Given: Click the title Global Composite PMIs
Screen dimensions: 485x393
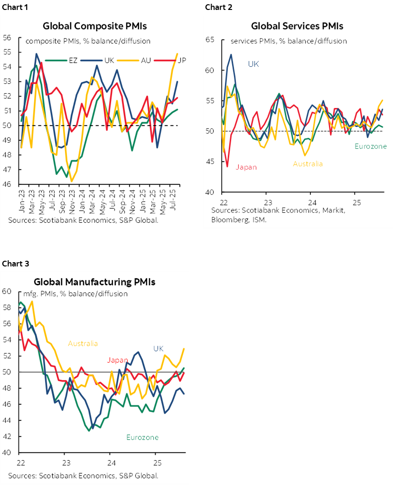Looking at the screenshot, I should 94,26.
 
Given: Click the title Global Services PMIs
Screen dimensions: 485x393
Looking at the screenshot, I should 297,26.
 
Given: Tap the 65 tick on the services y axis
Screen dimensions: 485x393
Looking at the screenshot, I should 210,40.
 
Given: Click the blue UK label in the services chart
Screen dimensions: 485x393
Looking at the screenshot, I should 253,64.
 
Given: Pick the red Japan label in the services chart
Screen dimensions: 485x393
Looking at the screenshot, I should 246,166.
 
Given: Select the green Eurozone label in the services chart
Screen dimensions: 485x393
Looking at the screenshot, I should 370,146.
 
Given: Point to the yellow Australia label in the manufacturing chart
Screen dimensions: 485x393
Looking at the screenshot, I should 83,343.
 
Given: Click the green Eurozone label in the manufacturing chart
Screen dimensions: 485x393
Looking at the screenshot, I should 142,437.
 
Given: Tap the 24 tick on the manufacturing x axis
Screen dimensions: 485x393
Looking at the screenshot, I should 110,462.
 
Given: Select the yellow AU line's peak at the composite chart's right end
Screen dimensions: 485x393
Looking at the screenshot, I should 177,54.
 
